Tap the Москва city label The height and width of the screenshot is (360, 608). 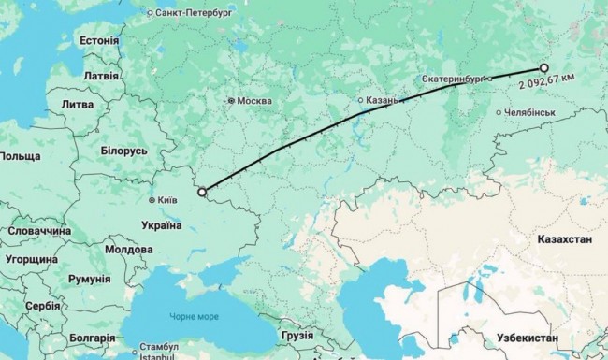[x=253, y=101]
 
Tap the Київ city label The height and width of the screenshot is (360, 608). [x=165, y=199]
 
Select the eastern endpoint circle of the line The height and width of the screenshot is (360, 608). [x=543, y=67]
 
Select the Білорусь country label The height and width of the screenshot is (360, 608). [x=123, y=151]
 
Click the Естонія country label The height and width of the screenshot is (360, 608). [x=99, y=41]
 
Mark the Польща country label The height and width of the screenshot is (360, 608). [x=21, y=154]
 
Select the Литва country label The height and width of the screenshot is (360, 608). [x=77, y=105]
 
